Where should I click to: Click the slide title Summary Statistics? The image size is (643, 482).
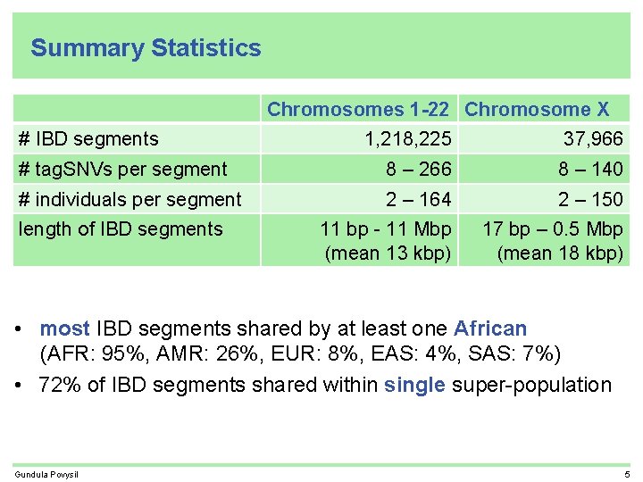(x=146, y=48)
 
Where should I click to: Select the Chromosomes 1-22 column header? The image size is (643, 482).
(x=358, y=110)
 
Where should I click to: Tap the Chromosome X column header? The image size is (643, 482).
(x=537, y=110)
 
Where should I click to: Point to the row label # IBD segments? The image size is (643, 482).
(x=88, y=138)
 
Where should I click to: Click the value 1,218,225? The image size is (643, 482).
(x=408, y=138)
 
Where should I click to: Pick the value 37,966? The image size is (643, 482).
(x=592, y=138)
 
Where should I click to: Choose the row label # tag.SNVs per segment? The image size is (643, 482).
(x=122, y=169)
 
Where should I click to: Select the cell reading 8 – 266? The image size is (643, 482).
(x=418, y=169)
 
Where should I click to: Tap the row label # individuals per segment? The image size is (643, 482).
(x=129, y=199)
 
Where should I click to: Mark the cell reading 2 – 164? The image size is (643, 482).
(x=418, y=199)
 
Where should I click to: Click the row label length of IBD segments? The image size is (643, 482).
(x=121, y=229)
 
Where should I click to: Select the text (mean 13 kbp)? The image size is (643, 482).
(x=388, y=253)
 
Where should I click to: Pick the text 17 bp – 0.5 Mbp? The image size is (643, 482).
(x=553, y=229)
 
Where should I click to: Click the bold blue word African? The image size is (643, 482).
(x=490, y=329)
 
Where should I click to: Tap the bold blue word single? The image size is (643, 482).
(x=415, y=385)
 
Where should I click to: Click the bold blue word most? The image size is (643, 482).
(x=64, y=329)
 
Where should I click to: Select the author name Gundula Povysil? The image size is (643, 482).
(x=46, y=473)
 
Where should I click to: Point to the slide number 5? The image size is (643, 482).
(x=627, y=473)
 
